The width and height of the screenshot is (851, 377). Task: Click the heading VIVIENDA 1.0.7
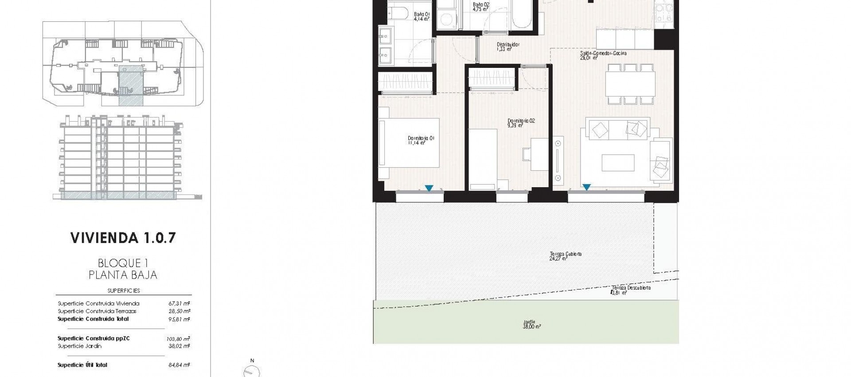coord(123,238)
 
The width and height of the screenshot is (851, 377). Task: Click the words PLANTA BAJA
coord(123,275)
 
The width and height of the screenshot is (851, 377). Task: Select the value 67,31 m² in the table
coord(179,304)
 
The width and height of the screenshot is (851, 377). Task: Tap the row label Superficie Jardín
coord(79,346)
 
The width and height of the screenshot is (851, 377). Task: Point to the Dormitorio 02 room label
coord(521,123)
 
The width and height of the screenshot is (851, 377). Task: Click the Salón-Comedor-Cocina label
coord(603,55)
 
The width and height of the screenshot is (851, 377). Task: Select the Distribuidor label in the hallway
coord(507,47)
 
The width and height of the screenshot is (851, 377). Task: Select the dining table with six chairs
coord(630,84)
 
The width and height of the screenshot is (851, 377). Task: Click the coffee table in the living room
coord(618,162)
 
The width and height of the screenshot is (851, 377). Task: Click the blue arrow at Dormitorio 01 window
coord(429,188)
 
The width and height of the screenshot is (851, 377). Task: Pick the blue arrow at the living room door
coord(586,188)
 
